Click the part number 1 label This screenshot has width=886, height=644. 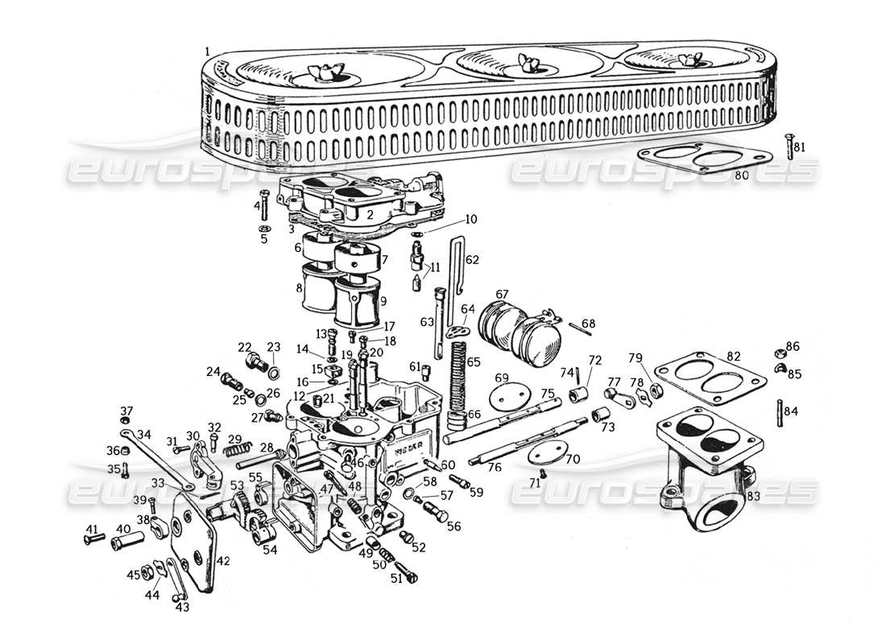point(208,51)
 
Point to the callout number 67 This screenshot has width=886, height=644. point(502,295)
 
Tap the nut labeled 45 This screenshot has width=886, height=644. point(148,572)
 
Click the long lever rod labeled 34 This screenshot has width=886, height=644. point(157,462)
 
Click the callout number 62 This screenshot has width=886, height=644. point(472,260)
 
